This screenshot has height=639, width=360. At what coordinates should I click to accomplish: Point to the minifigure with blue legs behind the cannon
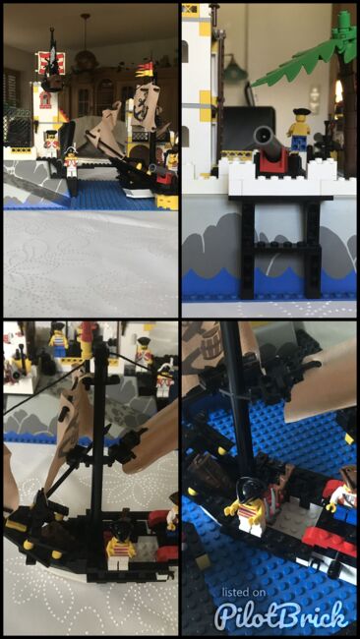pyautogui.click(x=298, y=129)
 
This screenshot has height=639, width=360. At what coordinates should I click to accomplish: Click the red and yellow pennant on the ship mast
pyautogui.click(x=147, y=70)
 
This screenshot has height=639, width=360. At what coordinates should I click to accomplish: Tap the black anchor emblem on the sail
pyautogui.click(x=143, y=107)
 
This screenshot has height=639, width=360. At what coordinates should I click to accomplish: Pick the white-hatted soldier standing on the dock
pyautogui.click(x=71, y=161)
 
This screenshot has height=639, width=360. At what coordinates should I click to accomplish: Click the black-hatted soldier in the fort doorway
pyautogui.click(x=51, y=144)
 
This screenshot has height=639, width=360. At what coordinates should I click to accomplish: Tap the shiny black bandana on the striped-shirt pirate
pyautogui.click(x=250, y=488)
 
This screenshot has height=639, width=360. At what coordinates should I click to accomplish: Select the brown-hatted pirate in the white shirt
pyautogui.click(x=340, y=491)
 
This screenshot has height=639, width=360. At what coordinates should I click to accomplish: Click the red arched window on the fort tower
pyautogui.click(x=45, y=99)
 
